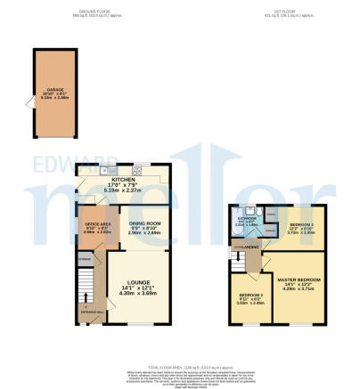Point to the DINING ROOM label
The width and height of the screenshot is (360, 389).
click(144, 223)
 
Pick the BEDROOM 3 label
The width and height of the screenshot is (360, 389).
click(250, 295)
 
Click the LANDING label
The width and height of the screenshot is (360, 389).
click(251, 247)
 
